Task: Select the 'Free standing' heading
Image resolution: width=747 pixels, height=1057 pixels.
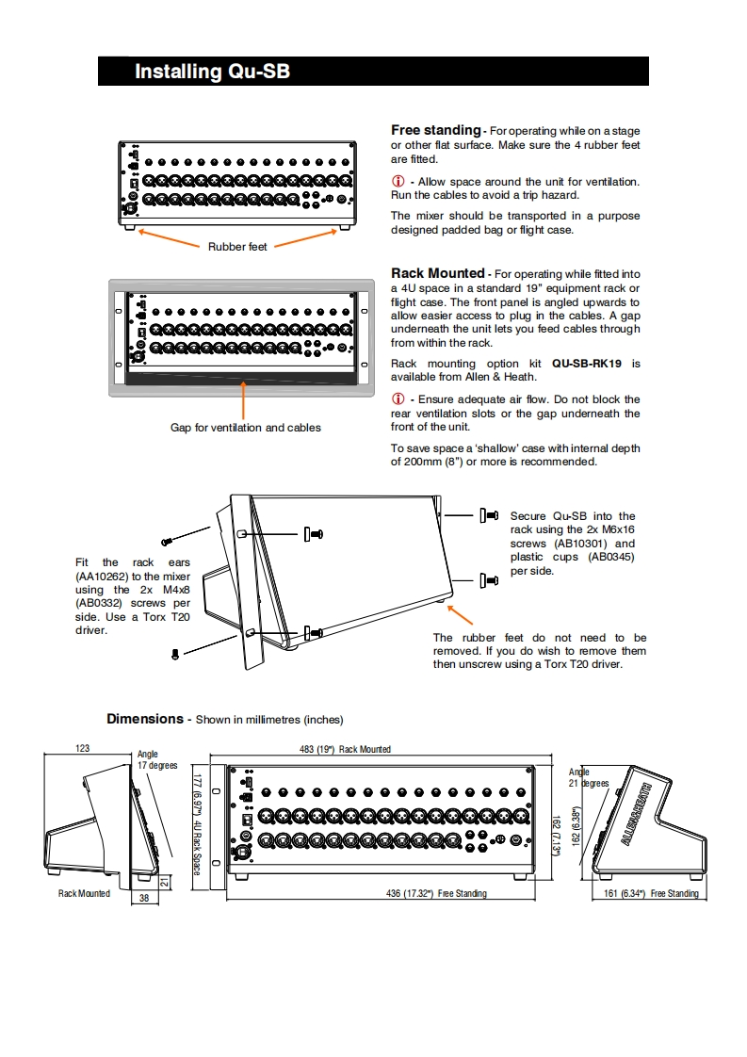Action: tap(435, 130)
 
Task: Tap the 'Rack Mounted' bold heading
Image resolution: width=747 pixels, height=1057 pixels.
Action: tap(438, 273)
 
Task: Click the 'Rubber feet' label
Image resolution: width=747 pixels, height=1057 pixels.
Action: tap(237, 247)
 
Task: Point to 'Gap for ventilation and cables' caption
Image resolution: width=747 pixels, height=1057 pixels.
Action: tap(245, 428)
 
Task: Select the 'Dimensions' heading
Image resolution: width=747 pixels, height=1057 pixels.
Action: tap(145, 719)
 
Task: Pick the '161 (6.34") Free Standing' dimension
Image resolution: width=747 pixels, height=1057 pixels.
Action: tap(651, 893)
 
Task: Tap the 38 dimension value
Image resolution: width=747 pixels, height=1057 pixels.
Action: tap(144, 899)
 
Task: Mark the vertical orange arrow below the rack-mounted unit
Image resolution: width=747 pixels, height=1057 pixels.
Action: tap(245, 401)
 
